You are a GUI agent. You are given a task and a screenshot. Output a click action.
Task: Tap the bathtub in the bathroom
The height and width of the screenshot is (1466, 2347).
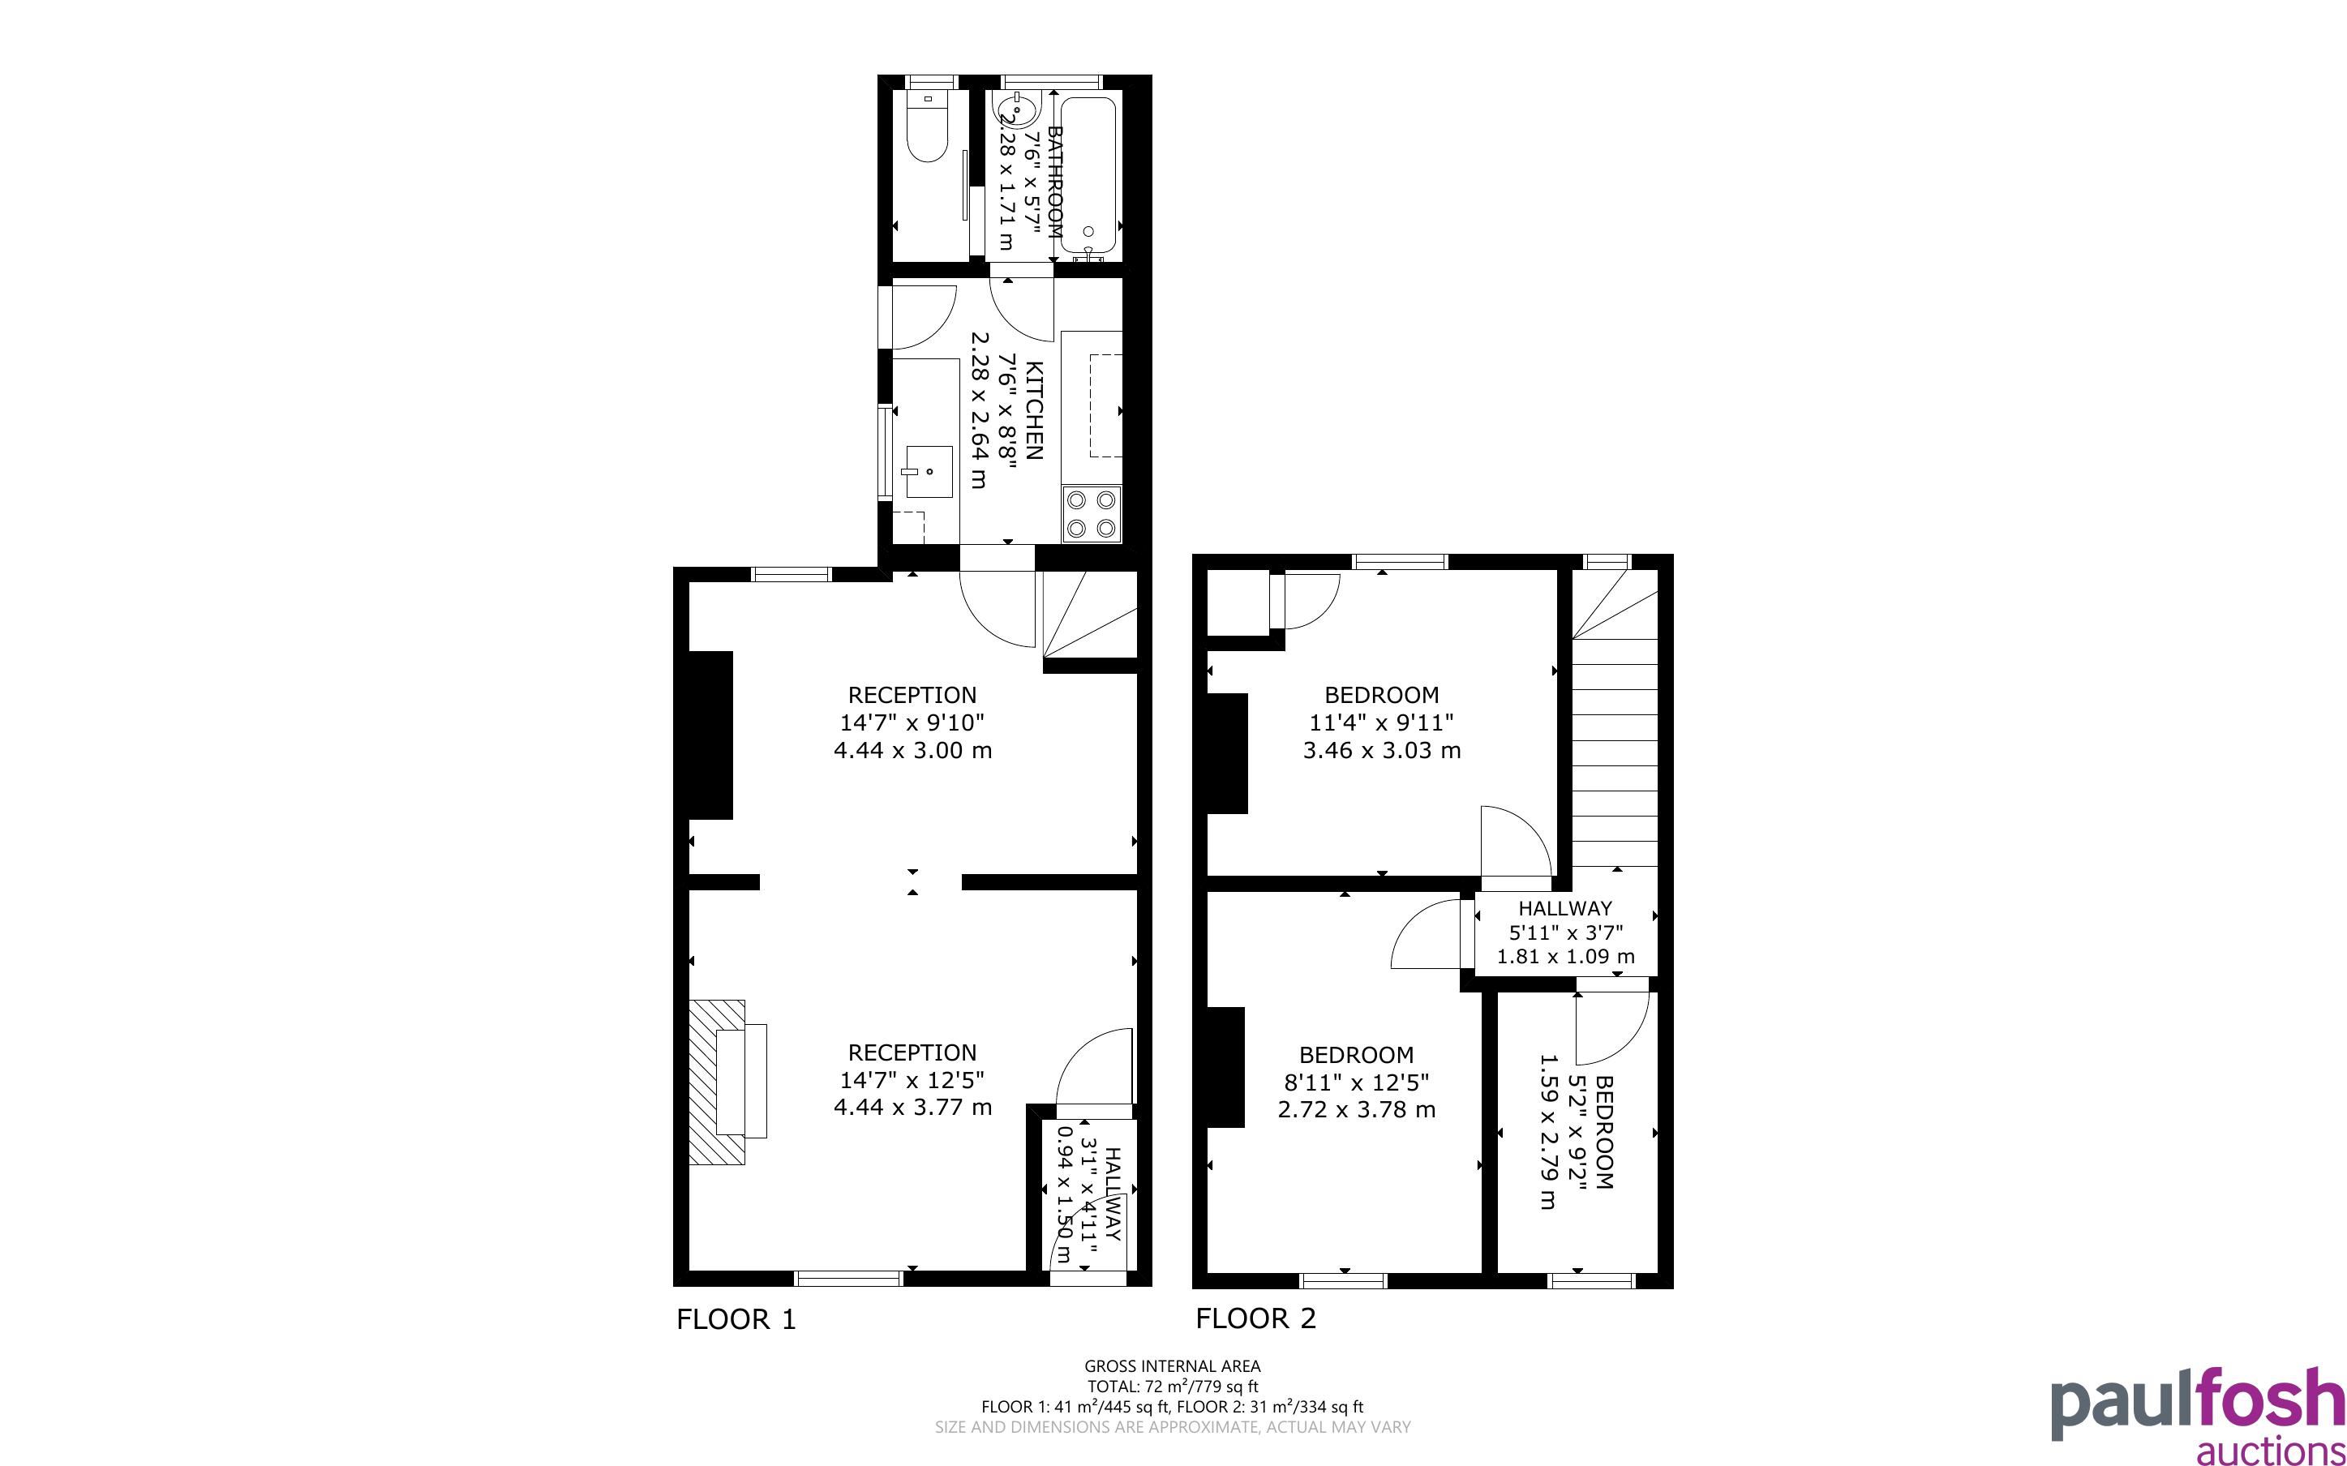point(1088,174)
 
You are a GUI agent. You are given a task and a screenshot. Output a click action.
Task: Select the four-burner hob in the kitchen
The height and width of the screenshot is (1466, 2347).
point(1092,514)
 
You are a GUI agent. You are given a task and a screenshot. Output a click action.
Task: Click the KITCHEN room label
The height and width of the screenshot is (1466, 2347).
point(1034,410)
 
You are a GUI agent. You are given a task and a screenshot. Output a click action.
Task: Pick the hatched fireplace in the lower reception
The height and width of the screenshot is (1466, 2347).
point(716,1082)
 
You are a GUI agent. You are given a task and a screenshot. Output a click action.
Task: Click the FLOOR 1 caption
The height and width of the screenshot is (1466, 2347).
point(736,1319)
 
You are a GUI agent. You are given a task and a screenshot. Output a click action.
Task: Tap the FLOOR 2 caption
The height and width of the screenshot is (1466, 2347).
point(1255,1318)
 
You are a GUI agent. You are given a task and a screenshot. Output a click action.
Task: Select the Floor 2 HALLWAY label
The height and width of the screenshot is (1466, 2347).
point(1564,908)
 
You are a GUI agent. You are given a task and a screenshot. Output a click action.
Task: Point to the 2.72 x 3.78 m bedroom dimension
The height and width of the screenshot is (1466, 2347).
point(1356,1110)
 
